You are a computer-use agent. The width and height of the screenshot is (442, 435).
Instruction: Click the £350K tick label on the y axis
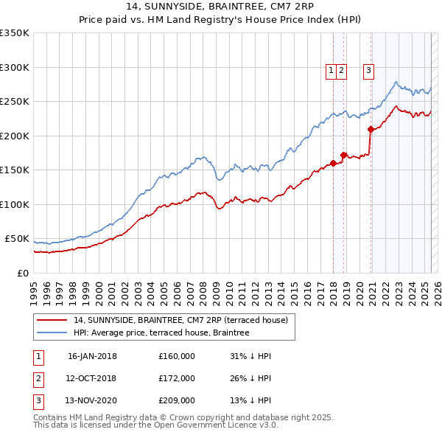15,33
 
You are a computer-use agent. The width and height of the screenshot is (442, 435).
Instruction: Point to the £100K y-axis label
15,204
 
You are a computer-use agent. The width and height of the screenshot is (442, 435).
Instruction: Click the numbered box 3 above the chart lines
368,71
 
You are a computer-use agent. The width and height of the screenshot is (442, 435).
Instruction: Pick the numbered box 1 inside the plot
331,71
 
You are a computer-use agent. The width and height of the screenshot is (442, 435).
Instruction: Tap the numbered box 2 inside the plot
342,71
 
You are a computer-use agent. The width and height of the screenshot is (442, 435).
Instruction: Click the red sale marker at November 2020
371,130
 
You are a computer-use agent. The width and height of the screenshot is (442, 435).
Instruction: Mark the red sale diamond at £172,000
343,156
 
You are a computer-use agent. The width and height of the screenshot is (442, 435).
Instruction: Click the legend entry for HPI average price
161,333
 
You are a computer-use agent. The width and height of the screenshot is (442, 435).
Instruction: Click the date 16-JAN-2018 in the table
92,356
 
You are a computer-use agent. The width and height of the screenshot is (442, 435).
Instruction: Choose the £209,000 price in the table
177,402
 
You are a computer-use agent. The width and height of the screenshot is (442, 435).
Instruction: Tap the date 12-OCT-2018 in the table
92,379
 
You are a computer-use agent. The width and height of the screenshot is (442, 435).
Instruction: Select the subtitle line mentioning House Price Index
220,21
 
